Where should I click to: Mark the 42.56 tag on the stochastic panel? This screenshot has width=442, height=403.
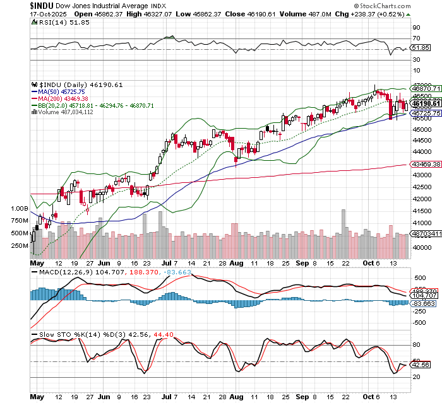(420, 365)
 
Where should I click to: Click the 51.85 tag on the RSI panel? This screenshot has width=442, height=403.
(420, 47)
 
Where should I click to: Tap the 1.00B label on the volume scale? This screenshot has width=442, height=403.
(20, 207)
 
